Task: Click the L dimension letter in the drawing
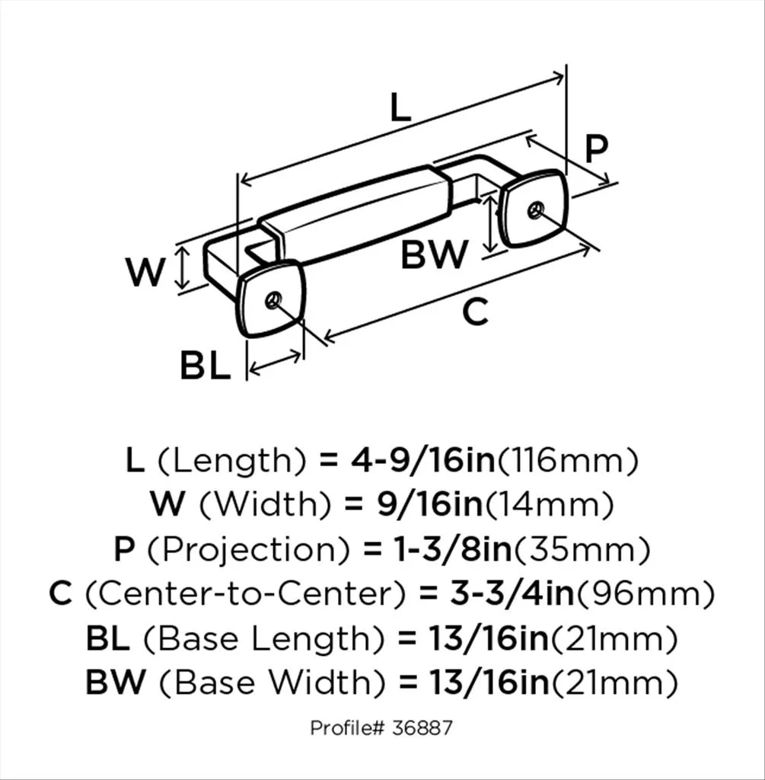400,108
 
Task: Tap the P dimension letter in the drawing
596,149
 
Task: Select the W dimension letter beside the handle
145,272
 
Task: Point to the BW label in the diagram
435,254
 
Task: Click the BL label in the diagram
206,366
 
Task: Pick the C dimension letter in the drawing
475,312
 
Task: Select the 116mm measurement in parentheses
568,461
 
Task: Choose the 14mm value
550,505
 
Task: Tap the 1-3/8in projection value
453,548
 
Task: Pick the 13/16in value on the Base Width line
489,682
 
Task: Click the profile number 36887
422,728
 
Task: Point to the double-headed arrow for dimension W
183,268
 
